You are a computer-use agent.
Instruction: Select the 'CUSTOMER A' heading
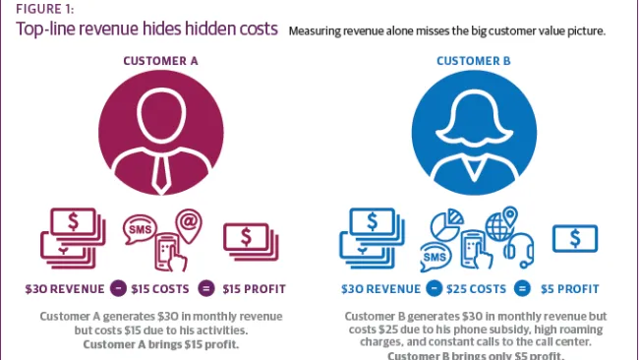160,61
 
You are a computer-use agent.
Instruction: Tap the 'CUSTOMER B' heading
477,61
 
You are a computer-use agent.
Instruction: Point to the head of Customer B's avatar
477,110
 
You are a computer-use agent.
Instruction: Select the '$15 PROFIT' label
254,289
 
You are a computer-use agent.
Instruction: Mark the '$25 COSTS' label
472,289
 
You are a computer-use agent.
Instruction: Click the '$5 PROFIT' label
575,289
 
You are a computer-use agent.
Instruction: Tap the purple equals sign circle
206,289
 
